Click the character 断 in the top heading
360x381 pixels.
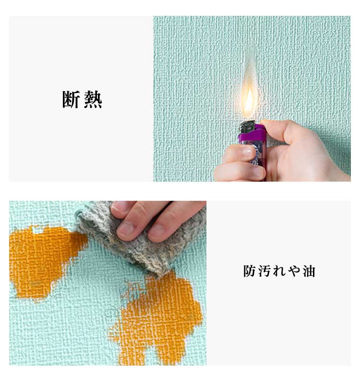point(71,99)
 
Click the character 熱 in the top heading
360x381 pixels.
point(93,99)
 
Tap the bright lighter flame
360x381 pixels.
point(249,103)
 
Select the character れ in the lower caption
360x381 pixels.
point(279,271)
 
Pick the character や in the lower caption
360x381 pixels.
point(294,271)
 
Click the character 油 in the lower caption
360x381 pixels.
point(309,271)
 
